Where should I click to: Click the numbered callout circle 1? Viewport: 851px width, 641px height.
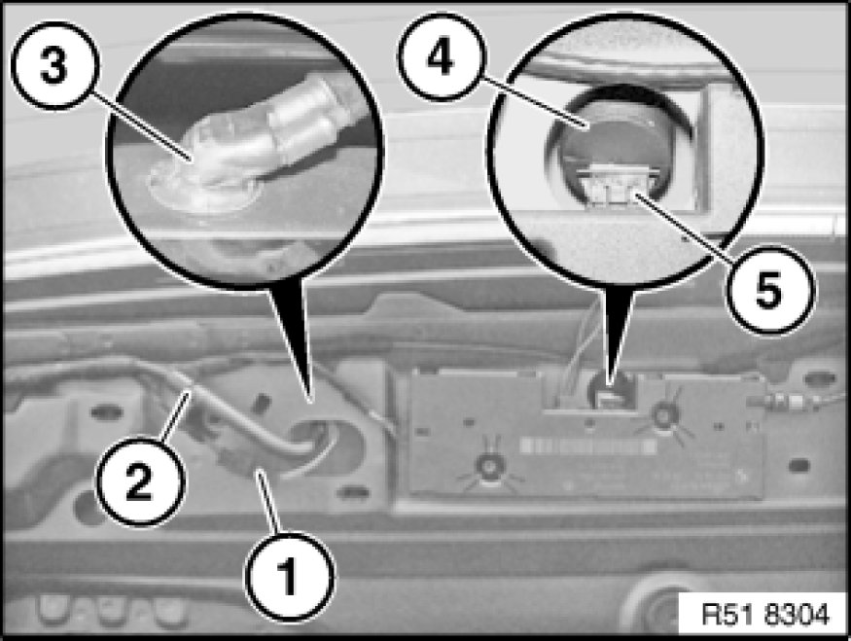[289, 577]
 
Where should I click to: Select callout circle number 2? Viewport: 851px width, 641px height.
[141, 481]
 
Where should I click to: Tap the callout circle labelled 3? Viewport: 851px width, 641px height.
[54, 66]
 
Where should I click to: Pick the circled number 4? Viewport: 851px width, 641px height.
[442, 56]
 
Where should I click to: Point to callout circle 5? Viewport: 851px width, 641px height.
[770, 289]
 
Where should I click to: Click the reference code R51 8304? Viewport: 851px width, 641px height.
[765, 615]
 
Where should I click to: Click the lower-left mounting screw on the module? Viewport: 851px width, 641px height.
[489, 466]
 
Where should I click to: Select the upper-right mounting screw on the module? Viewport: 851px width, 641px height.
[662, 415]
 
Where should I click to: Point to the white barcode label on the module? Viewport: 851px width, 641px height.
[588, 446]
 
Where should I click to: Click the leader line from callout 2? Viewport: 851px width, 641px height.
[176, 415]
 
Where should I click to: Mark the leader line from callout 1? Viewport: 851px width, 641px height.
[270, 503]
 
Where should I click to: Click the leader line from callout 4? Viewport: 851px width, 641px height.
[535, 103]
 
